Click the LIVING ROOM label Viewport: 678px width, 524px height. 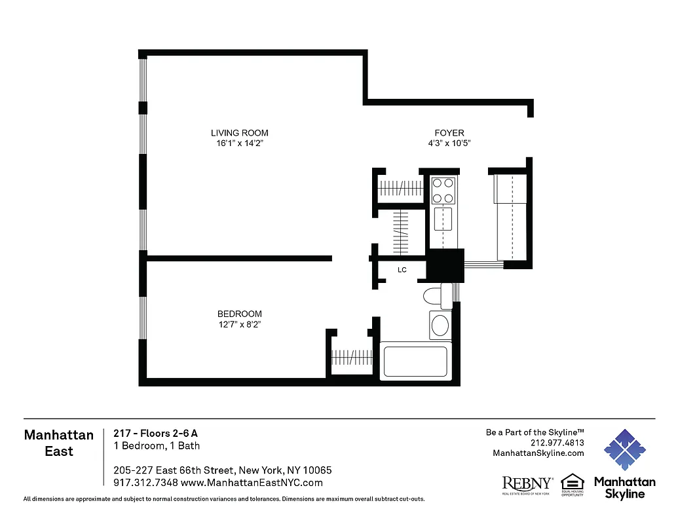point(239,133)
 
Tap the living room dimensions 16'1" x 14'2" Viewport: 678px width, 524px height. point(239,143)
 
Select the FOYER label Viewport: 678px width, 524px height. point(449,133)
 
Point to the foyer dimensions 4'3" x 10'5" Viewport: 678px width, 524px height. point(449,143)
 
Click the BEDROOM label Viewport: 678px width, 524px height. point(240,314)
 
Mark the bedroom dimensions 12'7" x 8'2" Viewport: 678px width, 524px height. point(240,324)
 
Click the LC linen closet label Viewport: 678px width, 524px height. point(402,269)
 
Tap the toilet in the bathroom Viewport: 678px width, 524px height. point(434,296)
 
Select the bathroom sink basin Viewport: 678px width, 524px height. point(441,325)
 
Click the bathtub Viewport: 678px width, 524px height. point(415,362)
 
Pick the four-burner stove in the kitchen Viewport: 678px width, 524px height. point(443,191)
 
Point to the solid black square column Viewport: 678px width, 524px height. point(445,265)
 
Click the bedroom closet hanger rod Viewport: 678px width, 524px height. point(352,358)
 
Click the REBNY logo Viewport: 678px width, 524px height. point(527,484)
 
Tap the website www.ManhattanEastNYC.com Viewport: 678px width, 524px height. point(252,483)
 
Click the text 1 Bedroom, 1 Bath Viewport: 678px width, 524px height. point(157,446)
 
